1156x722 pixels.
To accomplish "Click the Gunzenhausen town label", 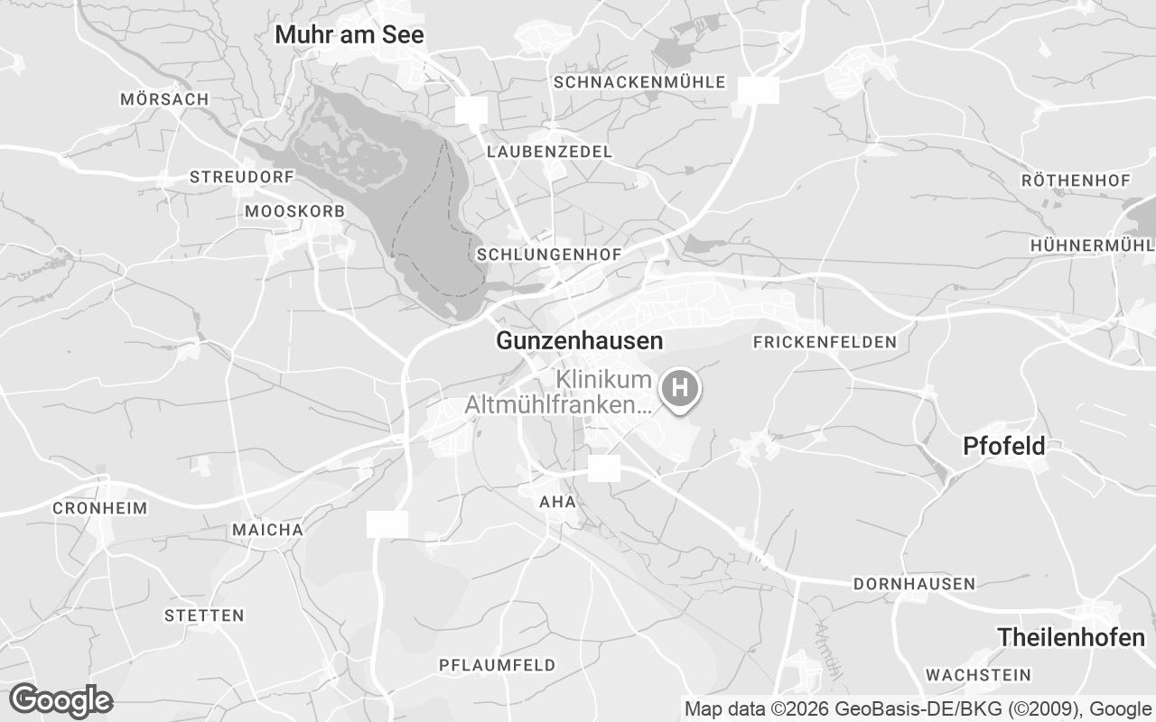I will coord(579,340).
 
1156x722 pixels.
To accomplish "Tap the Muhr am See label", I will coord(349,35).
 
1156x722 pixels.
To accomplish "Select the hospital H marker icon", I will coord(681,389).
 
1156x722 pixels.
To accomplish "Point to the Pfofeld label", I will coord(1003,446).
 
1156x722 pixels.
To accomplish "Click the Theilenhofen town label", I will coord(1071,637).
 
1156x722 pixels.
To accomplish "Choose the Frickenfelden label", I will coord(825,342).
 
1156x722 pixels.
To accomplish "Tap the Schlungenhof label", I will coord(549,255).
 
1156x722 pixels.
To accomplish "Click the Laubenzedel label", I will coord(549,151).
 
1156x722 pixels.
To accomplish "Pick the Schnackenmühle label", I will coord(639,82).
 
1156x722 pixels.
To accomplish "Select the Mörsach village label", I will coord(164,99).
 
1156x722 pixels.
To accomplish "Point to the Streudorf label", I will coord(242,177).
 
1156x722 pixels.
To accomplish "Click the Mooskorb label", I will coord(294,211).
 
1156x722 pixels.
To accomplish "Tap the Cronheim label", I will coord(99,508).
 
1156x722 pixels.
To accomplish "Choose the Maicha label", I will coord(267,530).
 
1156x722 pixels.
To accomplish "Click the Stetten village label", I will coord(204,616).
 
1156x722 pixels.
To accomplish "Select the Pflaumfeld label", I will coord(497,665).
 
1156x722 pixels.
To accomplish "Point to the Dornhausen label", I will coord(914,584).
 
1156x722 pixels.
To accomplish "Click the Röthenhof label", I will coord(1076,180).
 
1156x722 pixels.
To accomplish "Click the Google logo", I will coord(61,700).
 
